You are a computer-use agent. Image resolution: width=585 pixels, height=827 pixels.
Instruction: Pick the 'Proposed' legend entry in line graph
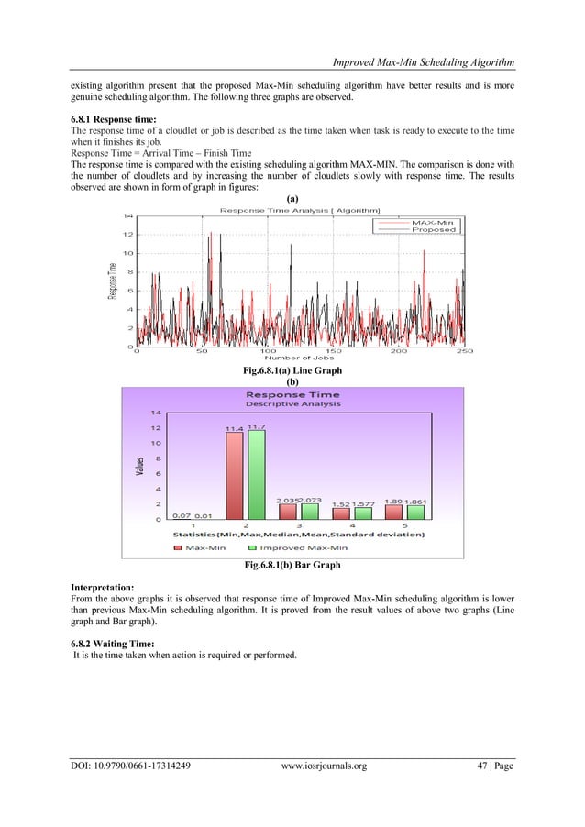[x=433, y=230]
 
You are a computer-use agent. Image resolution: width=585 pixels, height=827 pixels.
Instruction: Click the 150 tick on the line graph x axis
[x=334, y=350]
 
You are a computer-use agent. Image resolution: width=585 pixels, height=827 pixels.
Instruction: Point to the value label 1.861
[x=416, y=502]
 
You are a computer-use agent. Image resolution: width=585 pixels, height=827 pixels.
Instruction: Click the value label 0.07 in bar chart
[x=181, y=515]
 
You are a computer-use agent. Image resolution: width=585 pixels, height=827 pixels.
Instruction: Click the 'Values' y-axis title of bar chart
[x=140, y=465]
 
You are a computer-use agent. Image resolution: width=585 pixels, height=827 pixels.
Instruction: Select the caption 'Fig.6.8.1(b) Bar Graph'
[x=293, y=565]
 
